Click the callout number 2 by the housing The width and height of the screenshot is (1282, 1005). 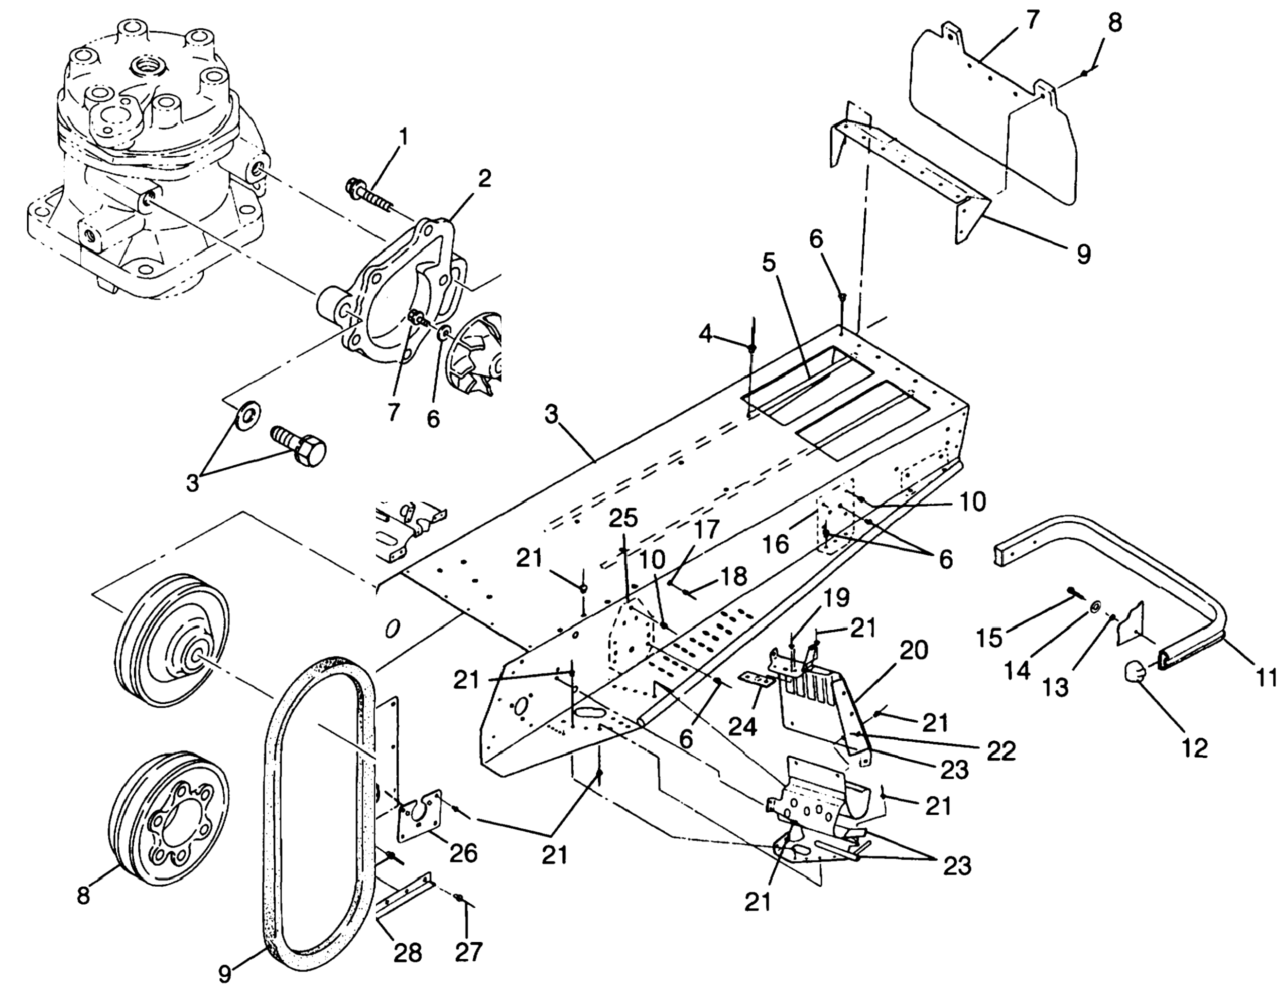click(483, 178)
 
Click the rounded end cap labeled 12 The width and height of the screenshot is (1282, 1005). click(1136, 671)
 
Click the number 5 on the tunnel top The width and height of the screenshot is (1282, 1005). click(769, 262)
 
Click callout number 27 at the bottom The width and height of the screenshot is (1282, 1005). click(468, 951)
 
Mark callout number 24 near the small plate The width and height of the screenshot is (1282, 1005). click(743, 727)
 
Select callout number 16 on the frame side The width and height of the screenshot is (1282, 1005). click(776, 544)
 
